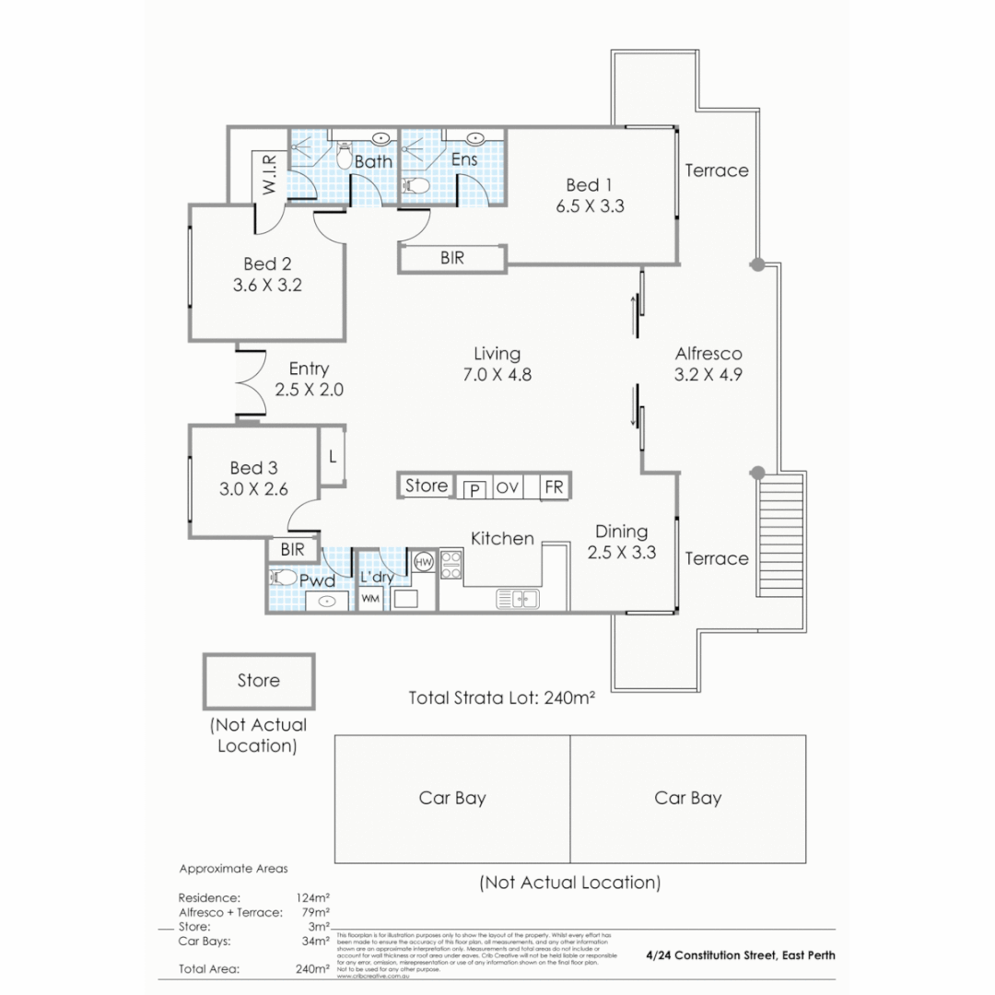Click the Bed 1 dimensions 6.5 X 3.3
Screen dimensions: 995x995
coord(590,206)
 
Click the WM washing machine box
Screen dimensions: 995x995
coord(370,598)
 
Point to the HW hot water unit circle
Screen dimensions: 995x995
coord(424,561)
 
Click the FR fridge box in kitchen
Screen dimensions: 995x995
coord(554,487)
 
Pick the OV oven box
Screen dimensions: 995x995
coord(507,487)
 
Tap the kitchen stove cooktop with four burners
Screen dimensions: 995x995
coord(451,564)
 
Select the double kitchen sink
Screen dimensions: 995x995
coord(518,599)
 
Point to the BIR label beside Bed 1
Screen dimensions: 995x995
coord(452,259)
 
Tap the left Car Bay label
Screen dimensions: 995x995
coord(452,798)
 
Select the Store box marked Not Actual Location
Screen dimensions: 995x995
coord(259,681)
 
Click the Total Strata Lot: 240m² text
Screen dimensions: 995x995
coord(502,697)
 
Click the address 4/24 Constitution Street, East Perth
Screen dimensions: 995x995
coord(741,955)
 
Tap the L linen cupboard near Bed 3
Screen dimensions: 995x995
coord(332,455)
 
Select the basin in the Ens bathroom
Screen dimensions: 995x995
coord(474,139)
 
